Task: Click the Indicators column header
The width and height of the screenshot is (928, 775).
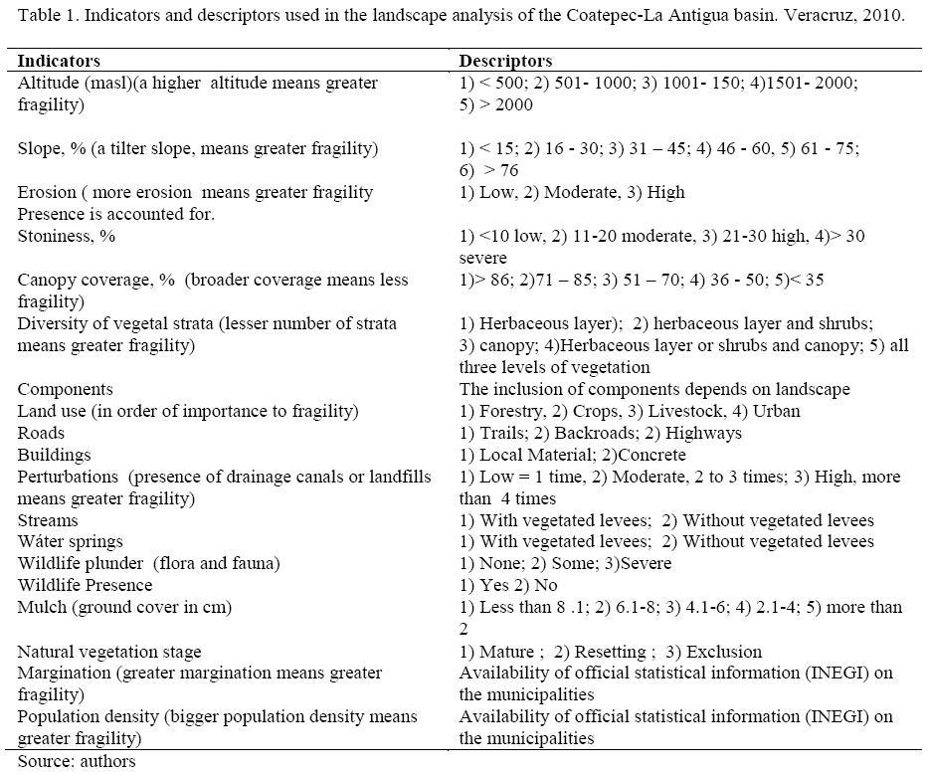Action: [59, 61]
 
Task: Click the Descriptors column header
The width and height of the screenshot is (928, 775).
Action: [505, 61]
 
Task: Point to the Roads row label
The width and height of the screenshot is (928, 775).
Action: [41, 433]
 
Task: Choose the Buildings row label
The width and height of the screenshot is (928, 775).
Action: [54, 455]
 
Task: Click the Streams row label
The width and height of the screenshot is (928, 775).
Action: [48, 520]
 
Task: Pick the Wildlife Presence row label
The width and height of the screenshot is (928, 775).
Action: [85, 585]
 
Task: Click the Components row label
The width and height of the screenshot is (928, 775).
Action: [65, 389]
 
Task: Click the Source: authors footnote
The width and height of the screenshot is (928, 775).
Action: [76, 761]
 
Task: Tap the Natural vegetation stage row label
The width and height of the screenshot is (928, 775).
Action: [109, 652]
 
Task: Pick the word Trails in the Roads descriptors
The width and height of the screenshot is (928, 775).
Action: [503, 433]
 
